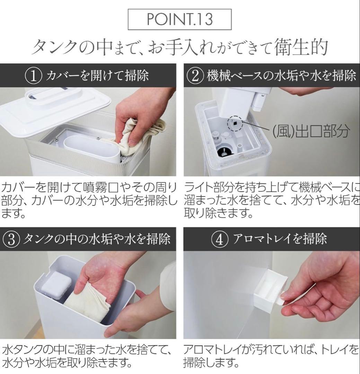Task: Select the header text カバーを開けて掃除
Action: pos(97,75)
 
